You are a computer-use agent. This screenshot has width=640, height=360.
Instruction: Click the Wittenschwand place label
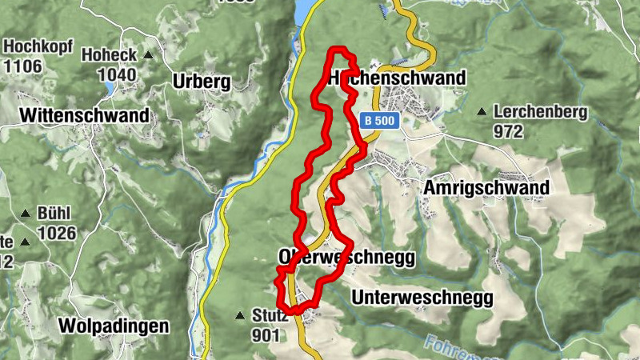84,115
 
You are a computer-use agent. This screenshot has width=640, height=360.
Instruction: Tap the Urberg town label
201,82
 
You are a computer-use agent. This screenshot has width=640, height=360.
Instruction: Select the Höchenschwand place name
397,78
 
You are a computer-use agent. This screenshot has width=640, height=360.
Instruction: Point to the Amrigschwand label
486,187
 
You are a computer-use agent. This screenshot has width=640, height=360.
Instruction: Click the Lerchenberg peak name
541,112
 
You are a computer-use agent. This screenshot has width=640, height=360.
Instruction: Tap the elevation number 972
508,130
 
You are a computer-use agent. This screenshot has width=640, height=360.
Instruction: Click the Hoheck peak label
110,56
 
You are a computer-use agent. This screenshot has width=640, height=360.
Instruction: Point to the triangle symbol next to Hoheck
148,56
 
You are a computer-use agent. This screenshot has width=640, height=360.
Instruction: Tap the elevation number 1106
22,65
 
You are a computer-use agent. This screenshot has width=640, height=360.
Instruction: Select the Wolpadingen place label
114,326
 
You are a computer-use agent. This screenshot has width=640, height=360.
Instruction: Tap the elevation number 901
266,335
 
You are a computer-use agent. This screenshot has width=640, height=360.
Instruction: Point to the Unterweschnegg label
422,298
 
